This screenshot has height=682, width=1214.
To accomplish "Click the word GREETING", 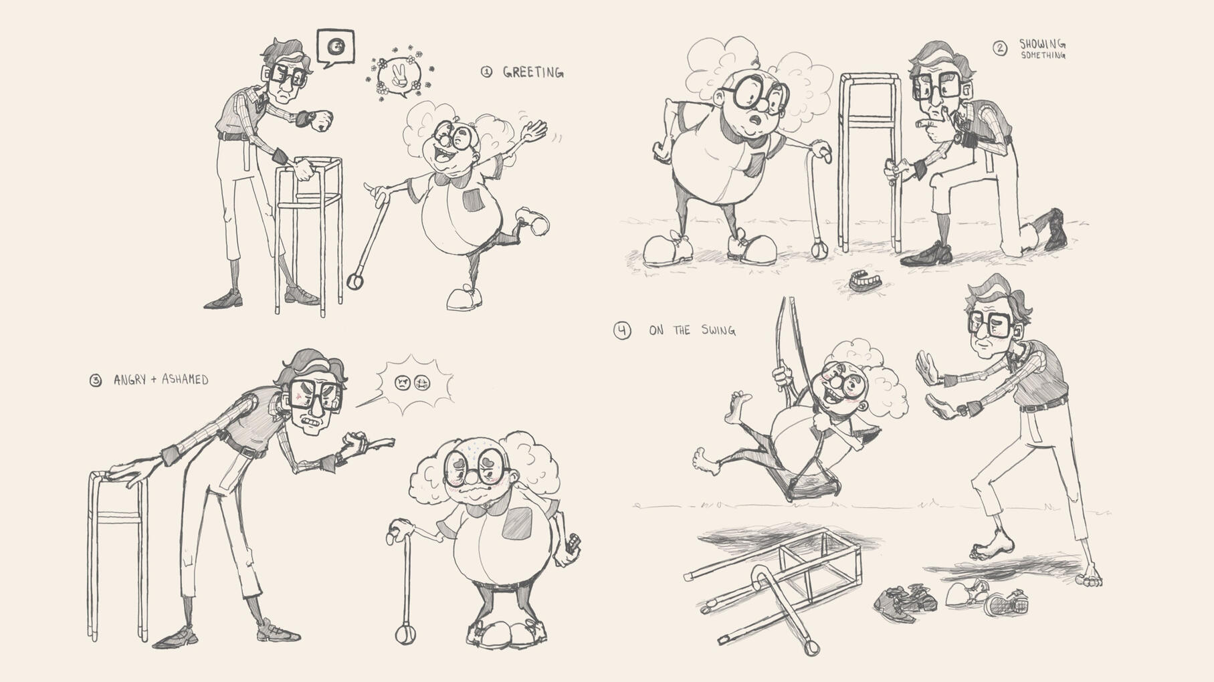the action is [533, 72].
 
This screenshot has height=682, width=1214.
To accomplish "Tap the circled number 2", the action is [999, 48].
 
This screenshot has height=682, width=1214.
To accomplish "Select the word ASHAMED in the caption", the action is [185, 380].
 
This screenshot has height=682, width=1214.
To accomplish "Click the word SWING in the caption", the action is [718, 330].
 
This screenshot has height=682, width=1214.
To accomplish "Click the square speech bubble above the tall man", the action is [335, 48].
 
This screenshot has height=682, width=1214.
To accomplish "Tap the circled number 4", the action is [622, 330].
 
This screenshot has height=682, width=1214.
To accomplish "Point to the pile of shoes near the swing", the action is [950, 598].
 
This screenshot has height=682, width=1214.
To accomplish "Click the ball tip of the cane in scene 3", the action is [405, 634].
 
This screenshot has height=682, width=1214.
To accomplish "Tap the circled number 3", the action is [96, 380].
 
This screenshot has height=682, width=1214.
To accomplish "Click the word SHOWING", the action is [1042, 44].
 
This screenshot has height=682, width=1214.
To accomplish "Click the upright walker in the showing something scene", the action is [870, 160].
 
